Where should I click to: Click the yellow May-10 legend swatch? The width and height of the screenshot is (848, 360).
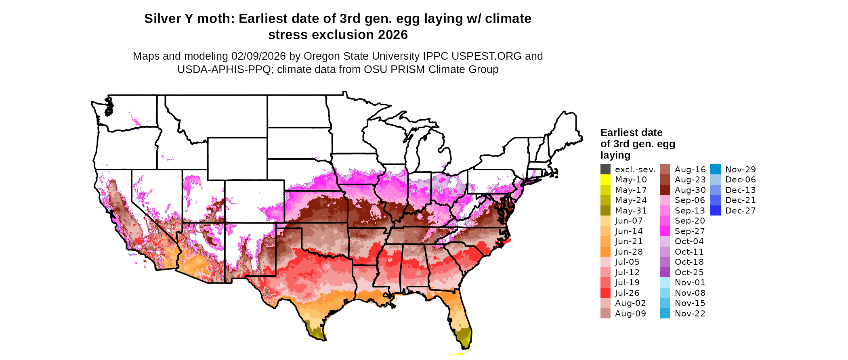(x=605, y=180)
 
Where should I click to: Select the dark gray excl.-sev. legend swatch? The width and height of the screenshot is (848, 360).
(x=605, y=170)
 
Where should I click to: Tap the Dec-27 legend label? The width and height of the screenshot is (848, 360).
(x=740, y=211)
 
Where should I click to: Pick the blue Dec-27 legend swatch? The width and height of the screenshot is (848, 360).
(x=715, y=211)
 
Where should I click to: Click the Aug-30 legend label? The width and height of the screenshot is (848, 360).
(x=690, y=190)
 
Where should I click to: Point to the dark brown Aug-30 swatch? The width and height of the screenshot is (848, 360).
(x=665, y=190)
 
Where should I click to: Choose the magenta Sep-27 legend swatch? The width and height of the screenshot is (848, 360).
(x=665, y=231)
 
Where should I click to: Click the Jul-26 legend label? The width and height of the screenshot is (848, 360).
(x=627, y=293)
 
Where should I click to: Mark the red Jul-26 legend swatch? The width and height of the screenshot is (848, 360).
(x=605, y=293)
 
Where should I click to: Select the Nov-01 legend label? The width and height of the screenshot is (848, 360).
(x=690, y=283)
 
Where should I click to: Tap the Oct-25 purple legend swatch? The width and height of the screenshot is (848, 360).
(x=665, y=272)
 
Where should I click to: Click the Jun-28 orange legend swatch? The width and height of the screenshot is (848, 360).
(x=605, y=252)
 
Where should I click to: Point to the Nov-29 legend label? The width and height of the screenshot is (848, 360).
(x=740, y=170)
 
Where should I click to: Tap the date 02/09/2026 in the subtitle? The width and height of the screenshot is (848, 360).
(x=258, y=56)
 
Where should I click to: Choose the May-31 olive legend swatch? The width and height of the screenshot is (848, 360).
(x=605, y=211)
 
